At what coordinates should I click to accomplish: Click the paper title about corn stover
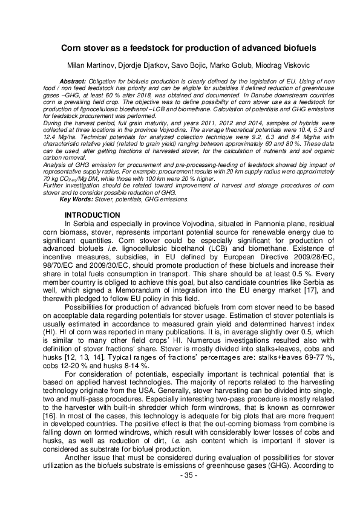180,47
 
